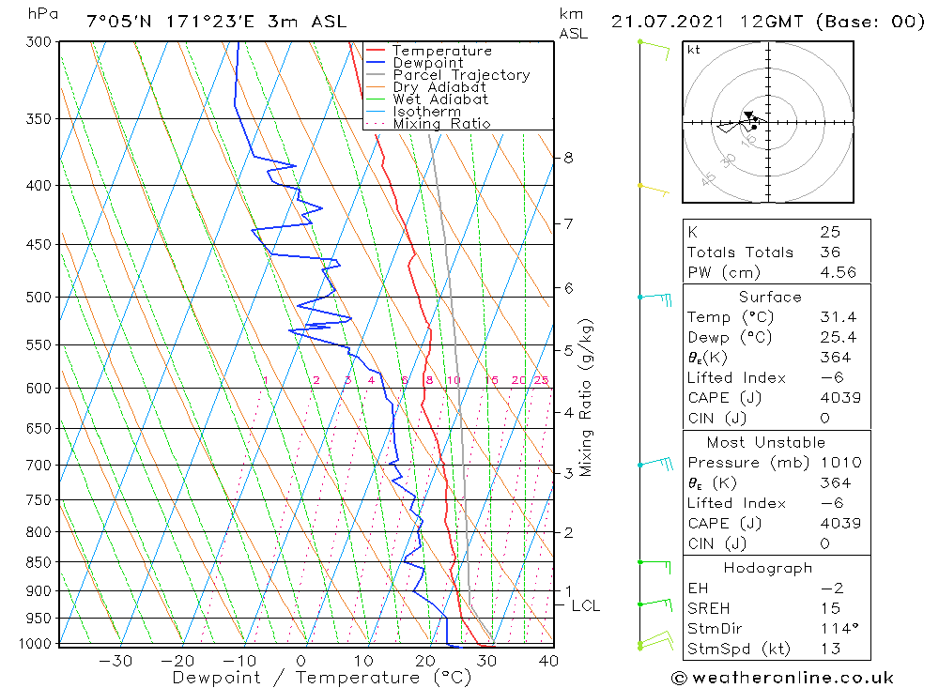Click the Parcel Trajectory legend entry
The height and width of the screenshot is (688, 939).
(461, 75)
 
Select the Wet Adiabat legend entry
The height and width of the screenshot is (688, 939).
(440, 99)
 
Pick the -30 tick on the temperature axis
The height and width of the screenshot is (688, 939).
(115, 661)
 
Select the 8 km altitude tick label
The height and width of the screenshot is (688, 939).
(569, 158)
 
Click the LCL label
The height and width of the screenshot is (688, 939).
(585, 606)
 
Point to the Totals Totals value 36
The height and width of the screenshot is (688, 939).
(829, 252)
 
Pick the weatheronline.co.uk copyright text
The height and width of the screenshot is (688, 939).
(782, 678)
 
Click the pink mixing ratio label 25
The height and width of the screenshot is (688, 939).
(541, 380)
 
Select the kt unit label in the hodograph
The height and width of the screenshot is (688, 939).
(694, 50)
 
